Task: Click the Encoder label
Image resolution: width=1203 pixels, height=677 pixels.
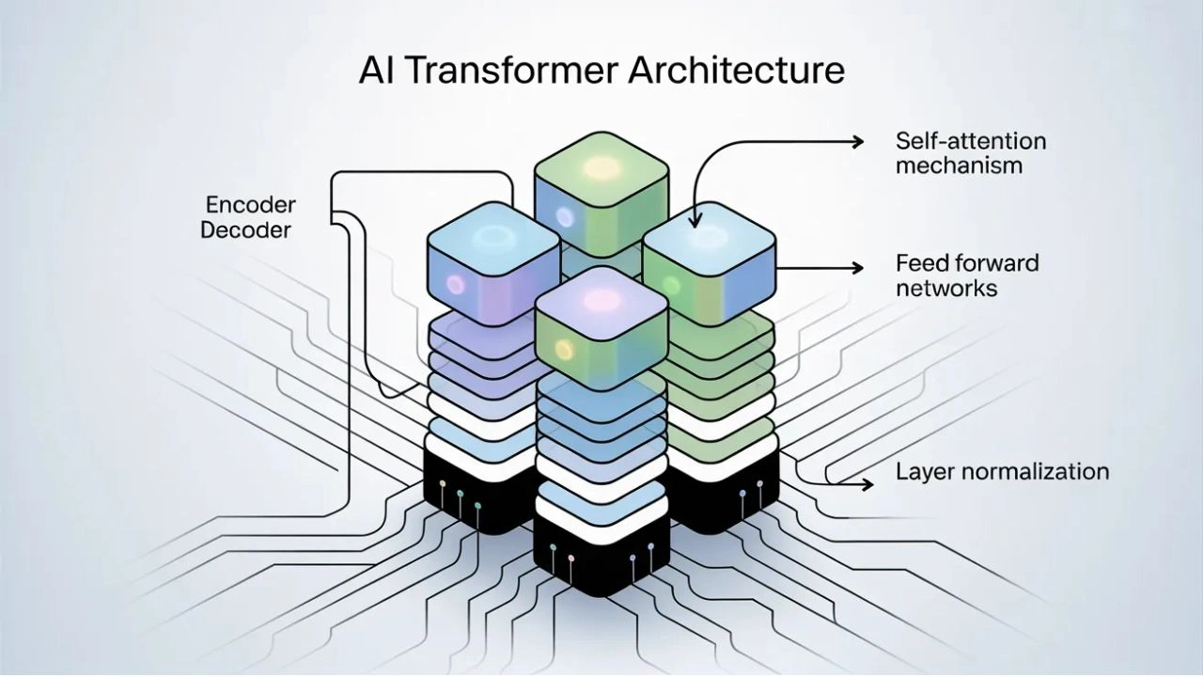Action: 250,205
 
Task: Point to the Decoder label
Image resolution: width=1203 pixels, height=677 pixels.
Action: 246,229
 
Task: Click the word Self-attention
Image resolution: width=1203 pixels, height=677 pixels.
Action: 970,141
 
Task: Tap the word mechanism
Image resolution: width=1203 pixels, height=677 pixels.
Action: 959,165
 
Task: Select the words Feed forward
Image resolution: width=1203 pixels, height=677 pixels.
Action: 967,262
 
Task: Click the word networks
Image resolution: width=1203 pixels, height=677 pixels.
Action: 946,287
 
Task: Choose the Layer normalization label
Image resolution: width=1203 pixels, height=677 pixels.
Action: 1003,471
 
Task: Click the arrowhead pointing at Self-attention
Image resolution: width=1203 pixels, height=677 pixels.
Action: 856,141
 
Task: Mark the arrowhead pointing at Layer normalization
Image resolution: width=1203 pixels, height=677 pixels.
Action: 867,483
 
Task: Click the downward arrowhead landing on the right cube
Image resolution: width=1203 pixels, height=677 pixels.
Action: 695,221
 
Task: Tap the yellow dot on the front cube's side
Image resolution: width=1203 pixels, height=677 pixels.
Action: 564,349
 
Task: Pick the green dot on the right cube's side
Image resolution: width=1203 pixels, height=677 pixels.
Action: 670,283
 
